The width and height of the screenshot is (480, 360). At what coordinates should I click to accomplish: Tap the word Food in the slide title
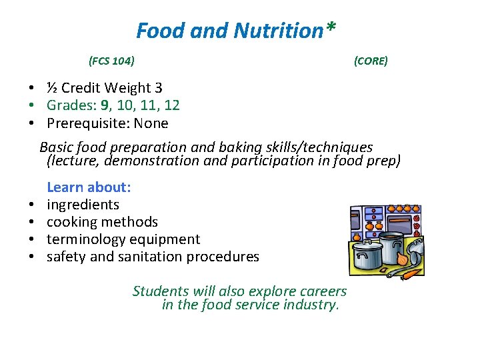[x=155, y=31]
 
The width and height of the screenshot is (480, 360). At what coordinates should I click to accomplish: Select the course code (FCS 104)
[x=111, y=61]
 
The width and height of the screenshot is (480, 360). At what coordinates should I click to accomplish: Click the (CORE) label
[x=371, y=61]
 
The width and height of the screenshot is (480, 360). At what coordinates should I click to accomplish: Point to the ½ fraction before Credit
[x=52, y=88]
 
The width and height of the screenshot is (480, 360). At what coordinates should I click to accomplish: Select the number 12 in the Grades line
[x=171, y=105]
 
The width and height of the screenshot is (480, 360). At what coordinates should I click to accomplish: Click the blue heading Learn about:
[x=89, y=187]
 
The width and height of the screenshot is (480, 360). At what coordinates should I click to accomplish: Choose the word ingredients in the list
[x=83, y=205]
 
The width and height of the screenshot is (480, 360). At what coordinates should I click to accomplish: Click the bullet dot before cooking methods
[x=31, y=223]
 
